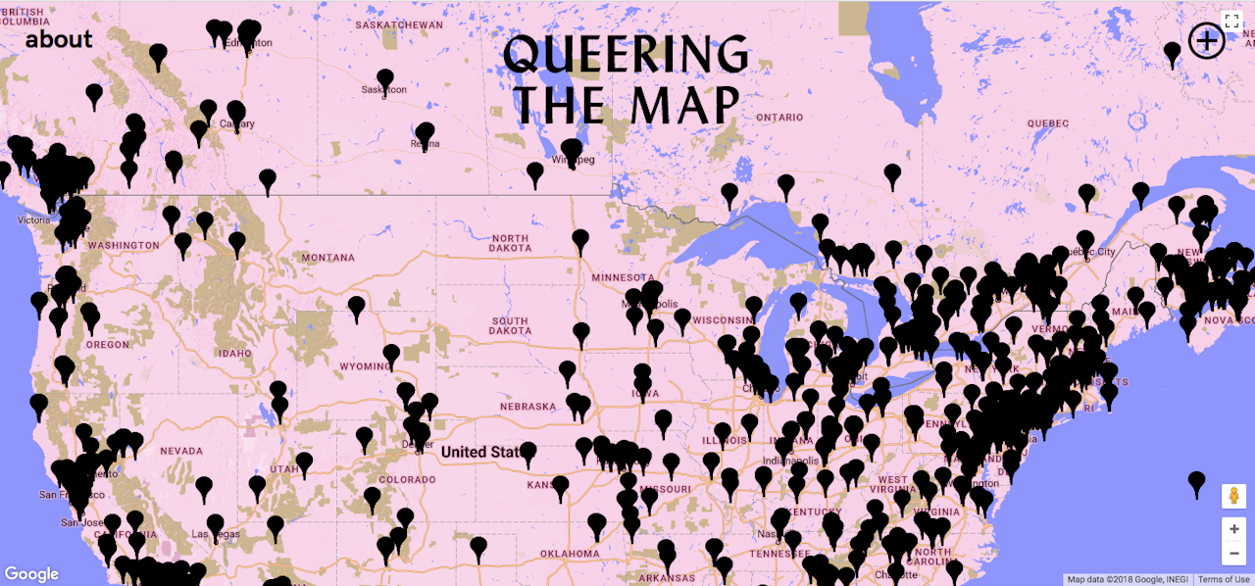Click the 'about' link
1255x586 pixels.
59,39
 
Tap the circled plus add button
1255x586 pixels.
1206,41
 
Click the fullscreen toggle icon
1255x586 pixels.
1232,21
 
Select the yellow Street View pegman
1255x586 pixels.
1233,496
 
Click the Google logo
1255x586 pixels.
31,574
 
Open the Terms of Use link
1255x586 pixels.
1223,579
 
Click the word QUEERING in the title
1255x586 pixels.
626,56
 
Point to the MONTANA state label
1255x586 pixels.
328,258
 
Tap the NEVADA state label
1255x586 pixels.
180,451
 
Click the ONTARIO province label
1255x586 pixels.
779,118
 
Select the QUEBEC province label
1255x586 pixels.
1047,123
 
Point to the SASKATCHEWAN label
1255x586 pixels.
399,24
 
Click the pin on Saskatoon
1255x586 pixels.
385,79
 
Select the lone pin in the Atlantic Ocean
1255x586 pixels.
1196,481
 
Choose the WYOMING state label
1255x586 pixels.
364,366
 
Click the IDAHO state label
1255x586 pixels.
235,353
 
